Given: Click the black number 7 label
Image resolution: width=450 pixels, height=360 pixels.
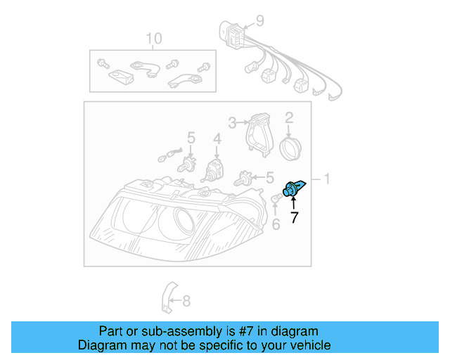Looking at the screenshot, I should point(294,218).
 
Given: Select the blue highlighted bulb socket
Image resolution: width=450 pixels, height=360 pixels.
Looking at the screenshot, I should point(292,188).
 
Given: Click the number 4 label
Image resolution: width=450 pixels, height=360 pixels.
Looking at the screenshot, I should point(217,139).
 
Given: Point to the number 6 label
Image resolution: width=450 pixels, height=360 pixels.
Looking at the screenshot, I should point(276,224).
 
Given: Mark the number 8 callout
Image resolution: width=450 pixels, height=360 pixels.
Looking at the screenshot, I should point(186,302).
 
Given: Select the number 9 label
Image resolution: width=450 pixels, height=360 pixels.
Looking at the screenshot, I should point(259,20).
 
